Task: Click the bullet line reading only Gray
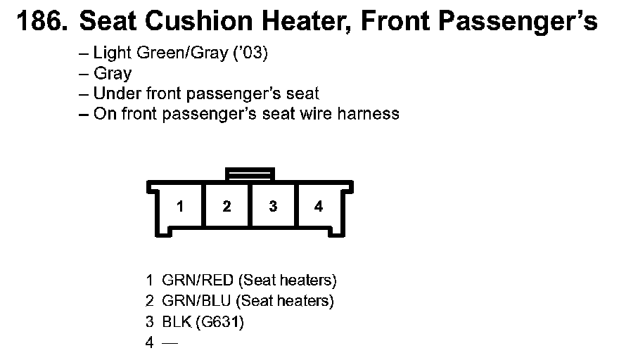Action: point(112,73)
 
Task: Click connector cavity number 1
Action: point(181,206)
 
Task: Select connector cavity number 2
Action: point(226,206)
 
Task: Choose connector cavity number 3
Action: point(273,206)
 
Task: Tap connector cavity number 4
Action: point(319,206)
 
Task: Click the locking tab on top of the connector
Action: point(250,174)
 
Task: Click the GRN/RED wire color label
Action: point(198,281)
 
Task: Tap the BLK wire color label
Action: point(176,322)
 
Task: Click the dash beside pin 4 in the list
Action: point(170,343)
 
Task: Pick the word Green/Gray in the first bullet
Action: point(184,53)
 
